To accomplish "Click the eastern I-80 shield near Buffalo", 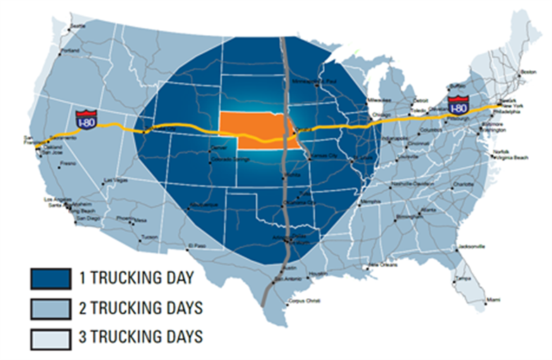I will point(458,103).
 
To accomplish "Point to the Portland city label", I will point(70,51).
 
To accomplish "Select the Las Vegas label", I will point(113,182).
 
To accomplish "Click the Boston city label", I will point(528,71).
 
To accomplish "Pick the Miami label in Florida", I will point(493,300).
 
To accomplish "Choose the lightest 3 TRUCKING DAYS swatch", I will point(50,337).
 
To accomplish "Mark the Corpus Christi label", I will point(304,301).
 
